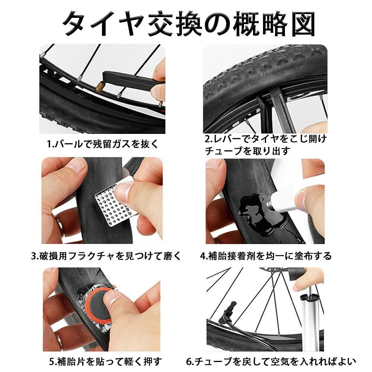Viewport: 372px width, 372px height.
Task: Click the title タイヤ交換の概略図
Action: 189,24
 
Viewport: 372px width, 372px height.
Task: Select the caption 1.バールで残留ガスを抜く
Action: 103,144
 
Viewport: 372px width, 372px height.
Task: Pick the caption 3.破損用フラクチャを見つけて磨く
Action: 106,256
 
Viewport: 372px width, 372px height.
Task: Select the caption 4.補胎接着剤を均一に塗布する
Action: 266,256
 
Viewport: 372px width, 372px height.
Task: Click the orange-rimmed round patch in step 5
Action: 99,306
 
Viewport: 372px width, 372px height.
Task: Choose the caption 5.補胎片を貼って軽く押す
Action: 105,361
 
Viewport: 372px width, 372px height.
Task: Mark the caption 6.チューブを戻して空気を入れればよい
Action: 271,361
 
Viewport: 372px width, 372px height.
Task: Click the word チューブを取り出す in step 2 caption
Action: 248,151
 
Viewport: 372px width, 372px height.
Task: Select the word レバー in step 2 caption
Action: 224,139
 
